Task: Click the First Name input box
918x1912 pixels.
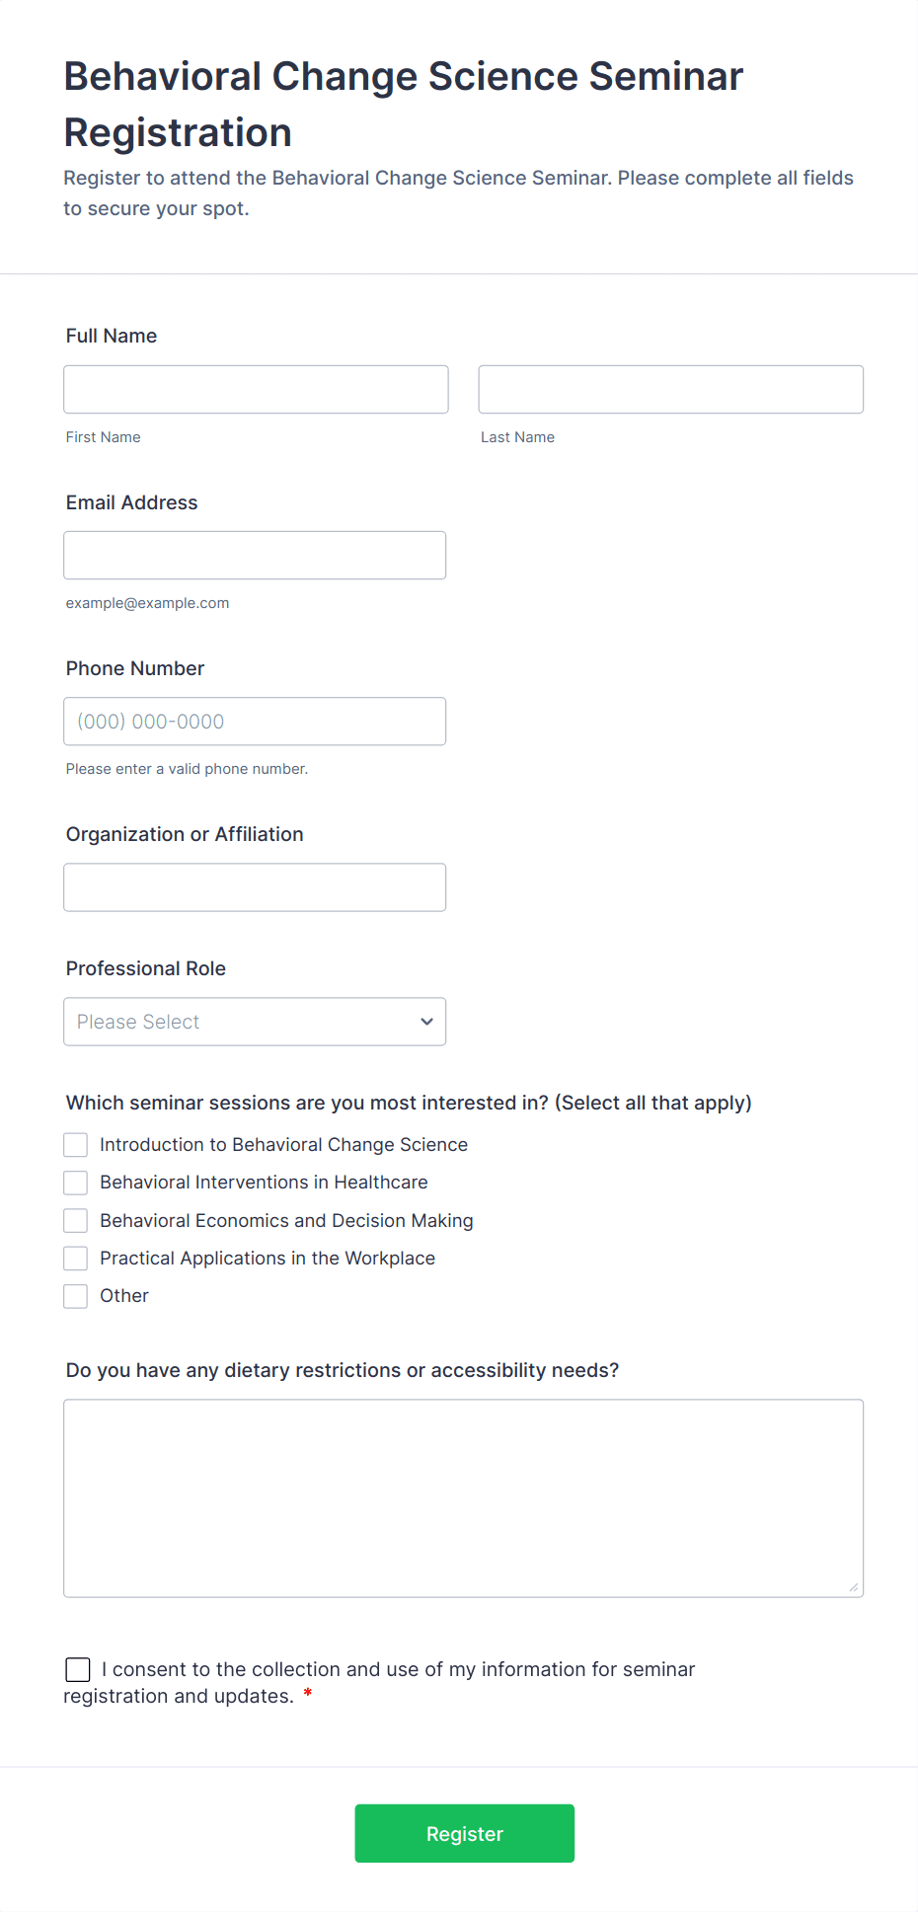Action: click(256, 390)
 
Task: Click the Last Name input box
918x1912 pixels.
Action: click(670, 390)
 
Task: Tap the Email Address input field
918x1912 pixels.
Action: click(255, 556)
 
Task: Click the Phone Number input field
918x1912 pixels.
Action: click(255, 722)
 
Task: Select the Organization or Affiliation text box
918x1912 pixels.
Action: click(255, 887)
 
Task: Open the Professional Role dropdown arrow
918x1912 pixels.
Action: click(426, 1022)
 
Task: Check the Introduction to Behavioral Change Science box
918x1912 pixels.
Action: click(76, 1145)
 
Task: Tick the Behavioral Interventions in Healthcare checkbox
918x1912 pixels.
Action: click(76, 1183)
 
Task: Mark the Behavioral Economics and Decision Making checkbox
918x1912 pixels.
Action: click(76, 1221)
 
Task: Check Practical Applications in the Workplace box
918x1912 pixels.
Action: click(76, 1259)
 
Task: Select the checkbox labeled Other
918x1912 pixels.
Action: click(76, 1296)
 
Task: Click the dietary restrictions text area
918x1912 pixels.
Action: click(463, 1497)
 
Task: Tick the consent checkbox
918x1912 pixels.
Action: click(78, 1669)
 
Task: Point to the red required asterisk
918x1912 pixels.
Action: click(308, 1694)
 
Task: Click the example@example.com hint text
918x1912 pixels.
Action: click(147, 603)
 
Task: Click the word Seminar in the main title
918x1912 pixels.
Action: click(666, 77)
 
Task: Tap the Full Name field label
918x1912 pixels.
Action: click(112, 336)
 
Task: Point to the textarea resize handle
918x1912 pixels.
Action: click(853, 1587)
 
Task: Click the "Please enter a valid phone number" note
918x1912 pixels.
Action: click(187, 769)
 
